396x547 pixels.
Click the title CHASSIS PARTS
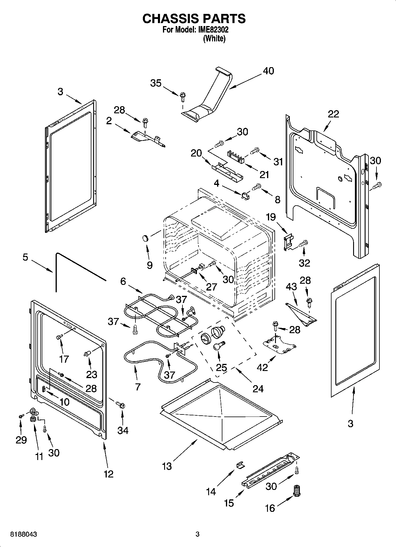point(194,19)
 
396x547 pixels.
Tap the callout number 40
point(268,71)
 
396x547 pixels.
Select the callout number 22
point(333,114)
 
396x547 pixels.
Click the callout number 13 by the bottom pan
point(167,467)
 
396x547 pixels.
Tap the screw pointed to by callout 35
point(182,96)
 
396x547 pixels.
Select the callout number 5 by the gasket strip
point(25,257)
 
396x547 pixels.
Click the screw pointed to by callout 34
point(120,404)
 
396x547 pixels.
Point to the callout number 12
point(109,474)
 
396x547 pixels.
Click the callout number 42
point(262,367)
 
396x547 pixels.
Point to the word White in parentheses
point(214,39)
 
